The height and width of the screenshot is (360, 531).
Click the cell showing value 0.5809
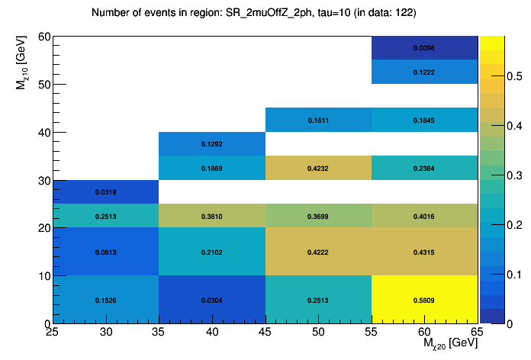[424, 300]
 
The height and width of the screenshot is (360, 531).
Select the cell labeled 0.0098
[424, 48]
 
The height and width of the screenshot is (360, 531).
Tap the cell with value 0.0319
[105, 192]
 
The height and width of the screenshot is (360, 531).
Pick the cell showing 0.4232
[318, 168]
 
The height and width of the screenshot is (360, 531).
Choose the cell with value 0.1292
[211, 144]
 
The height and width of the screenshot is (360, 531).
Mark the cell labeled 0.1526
[105, 300]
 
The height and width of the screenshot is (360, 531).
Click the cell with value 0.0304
[211, 300]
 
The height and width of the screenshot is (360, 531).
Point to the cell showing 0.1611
[318, 121]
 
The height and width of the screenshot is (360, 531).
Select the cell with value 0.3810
[211, 216]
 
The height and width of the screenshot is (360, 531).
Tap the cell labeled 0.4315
[424, 252]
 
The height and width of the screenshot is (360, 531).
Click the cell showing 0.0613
[105, 252]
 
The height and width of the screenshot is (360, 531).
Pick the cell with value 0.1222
[424, 72]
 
